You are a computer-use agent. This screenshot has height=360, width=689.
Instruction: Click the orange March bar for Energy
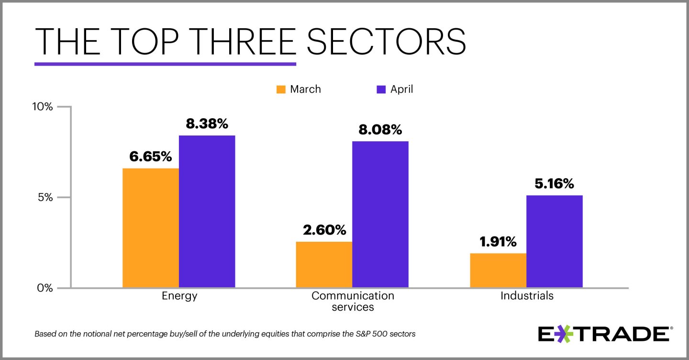click(x=151, y=228)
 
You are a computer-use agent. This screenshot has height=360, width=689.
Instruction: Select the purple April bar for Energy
click(x=207, y=212)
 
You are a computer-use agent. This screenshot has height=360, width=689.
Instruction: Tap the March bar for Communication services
click(x=324, y=265)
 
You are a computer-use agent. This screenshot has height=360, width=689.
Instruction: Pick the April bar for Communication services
click(x=380, y=214)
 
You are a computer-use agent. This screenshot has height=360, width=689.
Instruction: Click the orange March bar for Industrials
click(x=498, y=270)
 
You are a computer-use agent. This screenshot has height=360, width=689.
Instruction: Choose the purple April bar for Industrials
click(x=555, y=241)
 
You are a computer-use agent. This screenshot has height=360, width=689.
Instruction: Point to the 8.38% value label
click(x=207, y=124)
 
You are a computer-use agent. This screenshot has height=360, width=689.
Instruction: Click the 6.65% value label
click(x=150, y=157)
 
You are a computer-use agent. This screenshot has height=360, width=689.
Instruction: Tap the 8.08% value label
click(x=380, y=130)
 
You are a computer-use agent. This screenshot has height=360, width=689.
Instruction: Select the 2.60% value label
click(x=324, y=230)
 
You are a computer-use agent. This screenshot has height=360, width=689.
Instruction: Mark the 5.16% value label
click(x=554, y=184)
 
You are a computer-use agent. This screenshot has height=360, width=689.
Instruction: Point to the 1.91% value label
click(x=498, y=242)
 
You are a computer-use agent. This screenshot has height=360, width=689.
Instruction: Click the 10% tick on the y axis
click(x=42, y=106)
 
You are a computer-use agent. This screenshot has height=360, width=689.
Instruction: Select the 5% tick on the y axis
click(x=46, y=197)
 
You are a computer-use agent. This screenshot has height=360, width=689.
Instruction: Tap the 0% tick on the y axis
click(x=46, y=288)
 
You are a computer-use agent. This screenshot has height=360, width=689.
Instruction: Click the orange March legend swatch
click(x=281, y=90)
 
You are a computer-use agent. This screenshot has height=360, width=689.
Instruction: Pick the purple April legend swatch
click(x=381, y=90)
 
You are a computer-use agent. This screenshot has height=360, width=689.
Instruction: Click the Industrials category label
click(x=527, y=296)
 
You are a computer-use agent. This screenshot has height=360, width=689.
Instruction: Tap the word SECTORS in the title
click(x=386, y=42)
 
